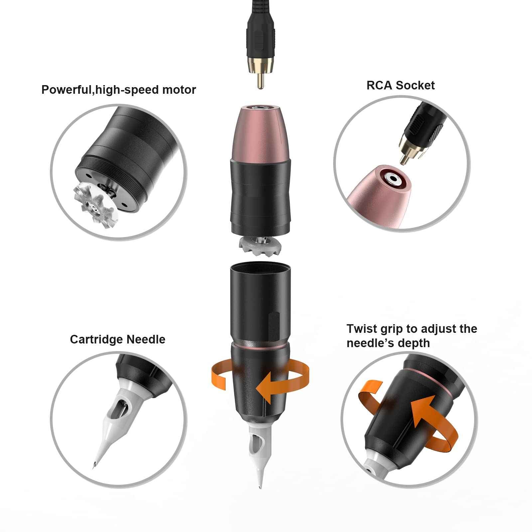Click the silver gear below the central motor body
260,245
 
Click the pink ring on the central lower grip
260,347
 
